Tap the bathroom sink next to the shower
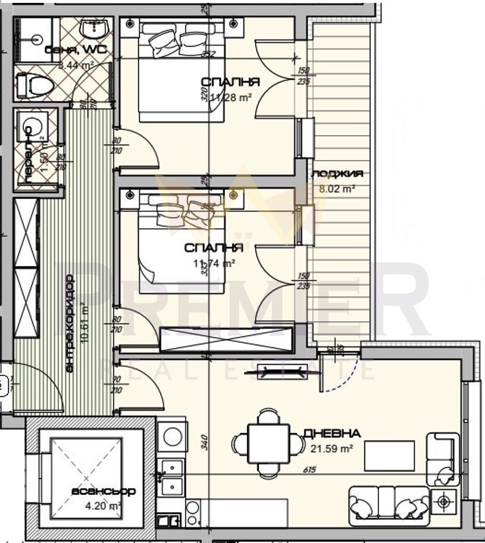(93, 29)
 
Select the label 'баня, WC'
(76, 51)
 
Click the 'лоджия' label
(338, 173)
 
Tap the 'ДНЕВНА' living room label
(332, 434)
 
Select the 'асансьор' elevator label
(104, 491)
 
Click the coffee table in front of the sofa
(389, 456)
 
